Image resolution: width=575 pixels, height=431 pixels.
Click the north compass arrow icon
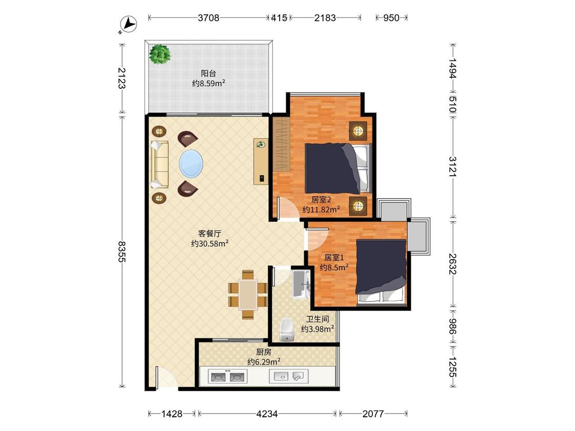coord(128,25)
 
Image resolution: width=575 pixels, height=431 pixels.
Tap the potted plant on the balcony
coord(160,54)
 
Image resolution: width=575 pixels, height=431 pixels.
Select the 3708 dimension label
coord(209,17)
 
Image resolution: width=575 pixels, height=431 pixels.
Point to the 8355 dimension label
coord(122,251)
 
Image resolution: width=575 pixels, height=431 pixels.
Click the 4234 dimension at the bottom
coord(267,414)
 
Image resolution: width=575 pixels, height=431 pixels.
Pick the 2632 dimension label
coord(453,264)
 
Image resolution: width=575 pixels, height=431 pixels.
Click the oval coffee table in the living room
coord(191,163)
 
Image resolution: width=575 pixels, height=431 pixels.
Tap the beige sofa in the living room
coord(159,164)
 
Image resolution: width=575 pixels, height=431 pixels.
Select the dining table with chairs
coord(248,294)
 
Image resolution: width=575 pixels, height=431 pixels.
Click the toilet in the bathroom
coord(287,329)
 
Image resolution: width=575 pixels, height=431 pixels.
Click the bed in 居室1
coord(381,272)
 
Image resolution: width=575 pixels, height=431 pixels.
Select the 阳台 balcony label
coord(209,74)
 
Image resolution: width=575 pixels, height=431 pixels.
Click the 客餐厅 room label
coord(210,233)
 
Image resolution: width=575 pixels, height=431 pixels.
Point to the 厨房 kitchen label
coord(264,352)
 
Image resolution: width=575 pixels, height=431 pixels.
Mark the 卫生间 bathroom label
coord(317,319)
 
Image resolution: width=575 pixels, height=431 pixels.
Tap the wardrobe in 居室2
coord(281,144)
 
